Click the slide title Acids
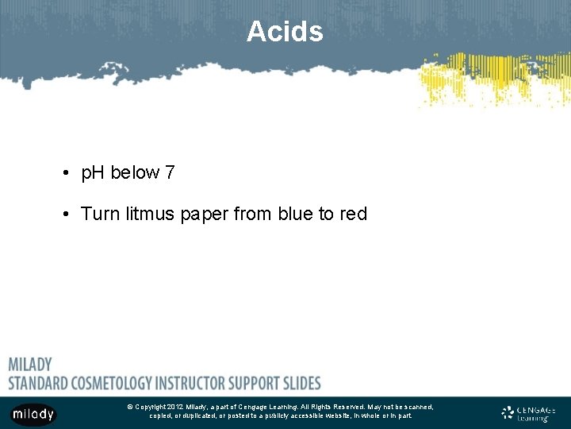pyautogui.click(x=285, y=32)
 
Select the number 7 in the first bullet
pyautogui.click(x=170, y=172)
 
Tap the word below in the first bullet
pyautogui.click(x=135, y=172)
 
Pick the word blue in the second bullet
pyautogui.click(x=295, y=214)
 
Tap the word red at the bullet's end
pyautogui.click(x=353, y=214)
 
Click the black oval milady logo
pyautogui.click(x=33, y=414)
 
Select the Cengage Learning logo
pyautogui.click(x=529, y=412)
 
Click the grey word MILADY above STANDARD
pyautogui.click(x=30, y=365)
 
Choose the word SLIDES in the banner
pyautogui.click(x=300, y=382)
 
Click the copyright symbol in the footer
pyautogui.click(x=130, y=407)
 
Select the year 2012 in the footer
pyautogui.click(x=175, y=407)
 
